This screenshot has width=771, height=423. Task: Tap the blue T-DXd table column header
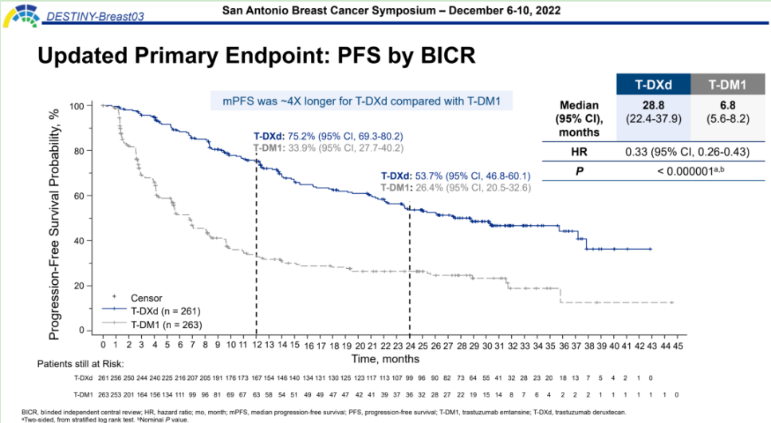(651, 83)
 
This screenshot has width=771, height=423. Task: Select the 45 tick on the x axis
(678, 346)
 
